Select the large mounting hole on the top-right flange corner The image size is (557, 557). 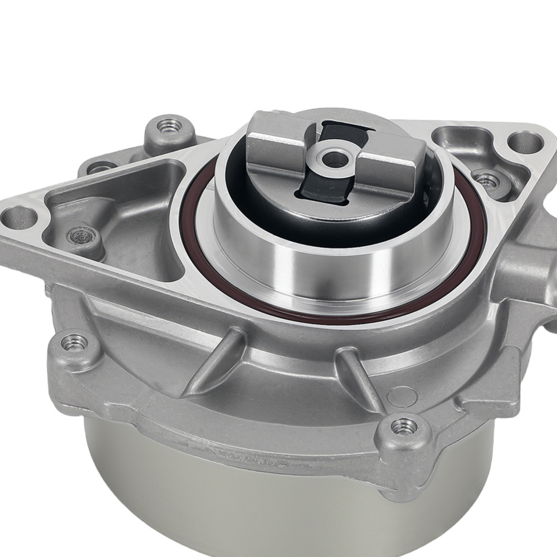pyautogui.click(x=525, y=142)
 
